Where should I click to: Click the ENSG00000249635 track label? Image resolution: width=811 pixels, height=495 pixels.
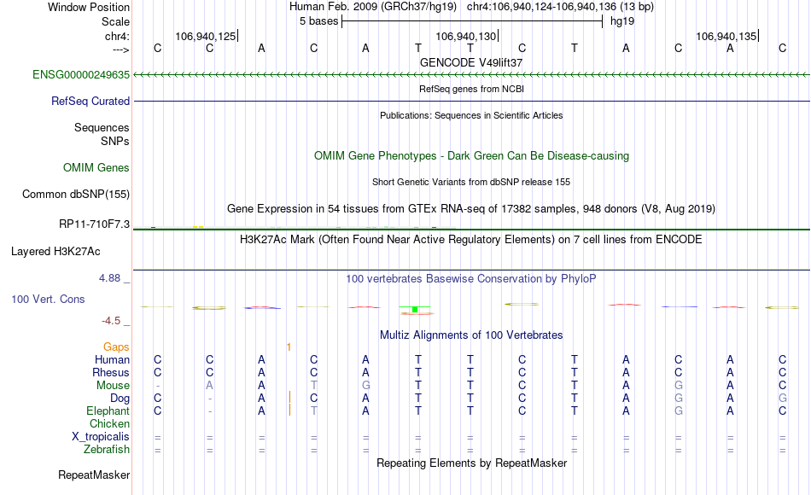[x=81, y=75]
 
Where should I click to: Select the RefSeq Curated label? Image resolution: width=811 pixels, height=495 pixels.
[x=90, y=102]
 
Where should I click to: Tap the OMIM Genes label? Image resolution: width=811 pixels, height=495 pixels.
[x=96, y=167]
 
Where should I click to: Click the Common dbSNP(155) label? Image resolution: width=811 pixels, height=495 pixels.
[x=75, y=195]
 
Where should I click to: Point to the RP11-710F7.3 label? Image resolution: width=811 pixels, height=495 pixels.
[x=94, y=224]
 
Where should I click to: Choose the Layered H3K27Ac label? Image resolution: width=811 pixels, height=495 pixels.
[x=55, y=252]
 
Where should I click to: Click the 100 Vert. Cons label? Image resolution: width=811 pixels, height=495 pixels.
[x=48, y=300]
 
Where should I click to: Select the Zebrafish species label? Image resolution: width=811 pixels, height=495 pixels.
[x=107, y=450]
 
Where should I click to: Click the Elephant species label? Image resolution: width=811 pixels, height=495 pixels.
[x=108, y=411]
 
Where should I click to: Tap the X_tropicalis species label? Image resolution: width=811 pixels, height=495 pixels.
[x=101, y=437]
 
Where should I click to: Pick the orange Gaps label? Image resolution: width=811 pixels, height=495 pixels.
[x=116, y=347]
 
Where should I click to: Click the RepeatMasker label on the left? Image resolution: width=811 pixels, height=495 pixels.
[x=94, y=475]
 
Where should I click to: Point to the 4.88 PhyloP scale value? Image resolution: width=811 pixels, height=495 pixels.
[x=109, y=278]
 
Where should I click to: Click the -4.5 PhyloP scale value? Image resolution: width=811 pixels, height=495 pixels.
[x=111, y=321]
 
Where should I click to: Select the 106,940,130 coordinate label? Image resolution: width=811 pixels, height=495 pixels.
[x=465, y=36]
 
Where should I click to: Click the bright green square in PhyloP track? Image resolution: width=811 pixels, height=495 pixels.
[x=415, y=310]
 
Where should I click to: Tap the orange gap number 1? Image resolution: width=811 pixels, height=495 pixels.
[x=289, y=347]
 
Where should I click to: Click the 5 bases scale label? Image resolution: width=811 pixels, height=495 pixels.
[x=318, y=21]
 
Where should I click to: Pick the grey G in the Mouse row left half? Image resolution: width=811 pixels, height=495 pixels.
[x=365, y=386]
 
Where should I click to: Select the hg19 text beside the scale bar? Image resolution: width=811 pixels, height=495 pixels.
[x=622, y=21]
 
